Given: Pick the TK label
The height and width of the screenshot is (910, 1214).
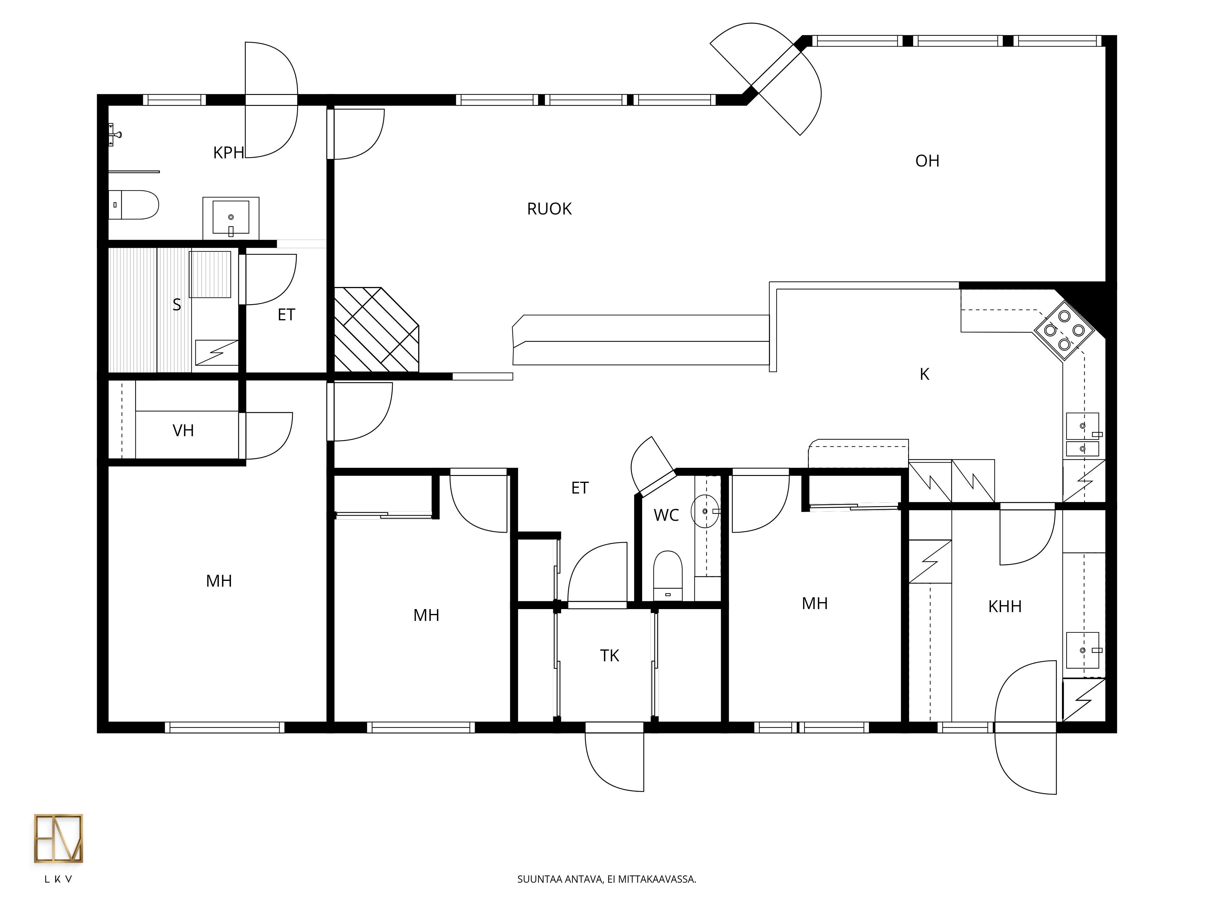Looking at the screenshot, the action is click(609, 656).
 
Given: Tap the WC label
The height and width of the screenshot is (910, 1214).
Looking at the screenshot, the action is click(666, 515).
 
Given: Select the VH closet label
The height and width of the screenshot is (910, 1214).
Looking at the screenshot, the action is click(183, 431).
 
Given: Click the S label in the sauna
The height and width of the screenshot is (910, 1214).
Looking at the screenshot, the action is click(177, 305).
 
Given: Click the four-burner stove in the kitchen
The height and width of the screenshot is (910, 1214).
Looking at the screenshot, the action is click(1064, 330).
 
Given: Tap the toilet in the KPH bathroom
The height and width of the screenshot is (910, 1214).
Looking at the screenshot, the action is click(133, 205).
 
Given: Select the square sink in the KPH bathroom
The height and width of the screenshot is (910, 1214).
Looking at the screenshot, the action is click(231, 218).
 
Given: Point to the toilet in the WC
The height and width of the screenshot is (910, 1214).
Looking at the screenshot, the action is click(668, 576).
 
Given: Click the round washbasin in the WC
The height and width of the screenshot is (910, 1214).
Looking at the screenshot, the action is click(705, 511).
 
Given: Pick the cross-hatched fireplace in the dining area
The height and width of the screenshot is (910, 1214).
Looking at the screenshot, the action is click(377, 330).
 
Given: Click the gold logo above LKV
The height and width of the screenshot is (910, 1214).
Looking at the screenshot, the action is click(58, 838).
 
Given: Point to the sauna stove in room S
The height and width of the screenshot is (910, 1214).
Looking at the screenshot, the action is click(210, 274).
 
